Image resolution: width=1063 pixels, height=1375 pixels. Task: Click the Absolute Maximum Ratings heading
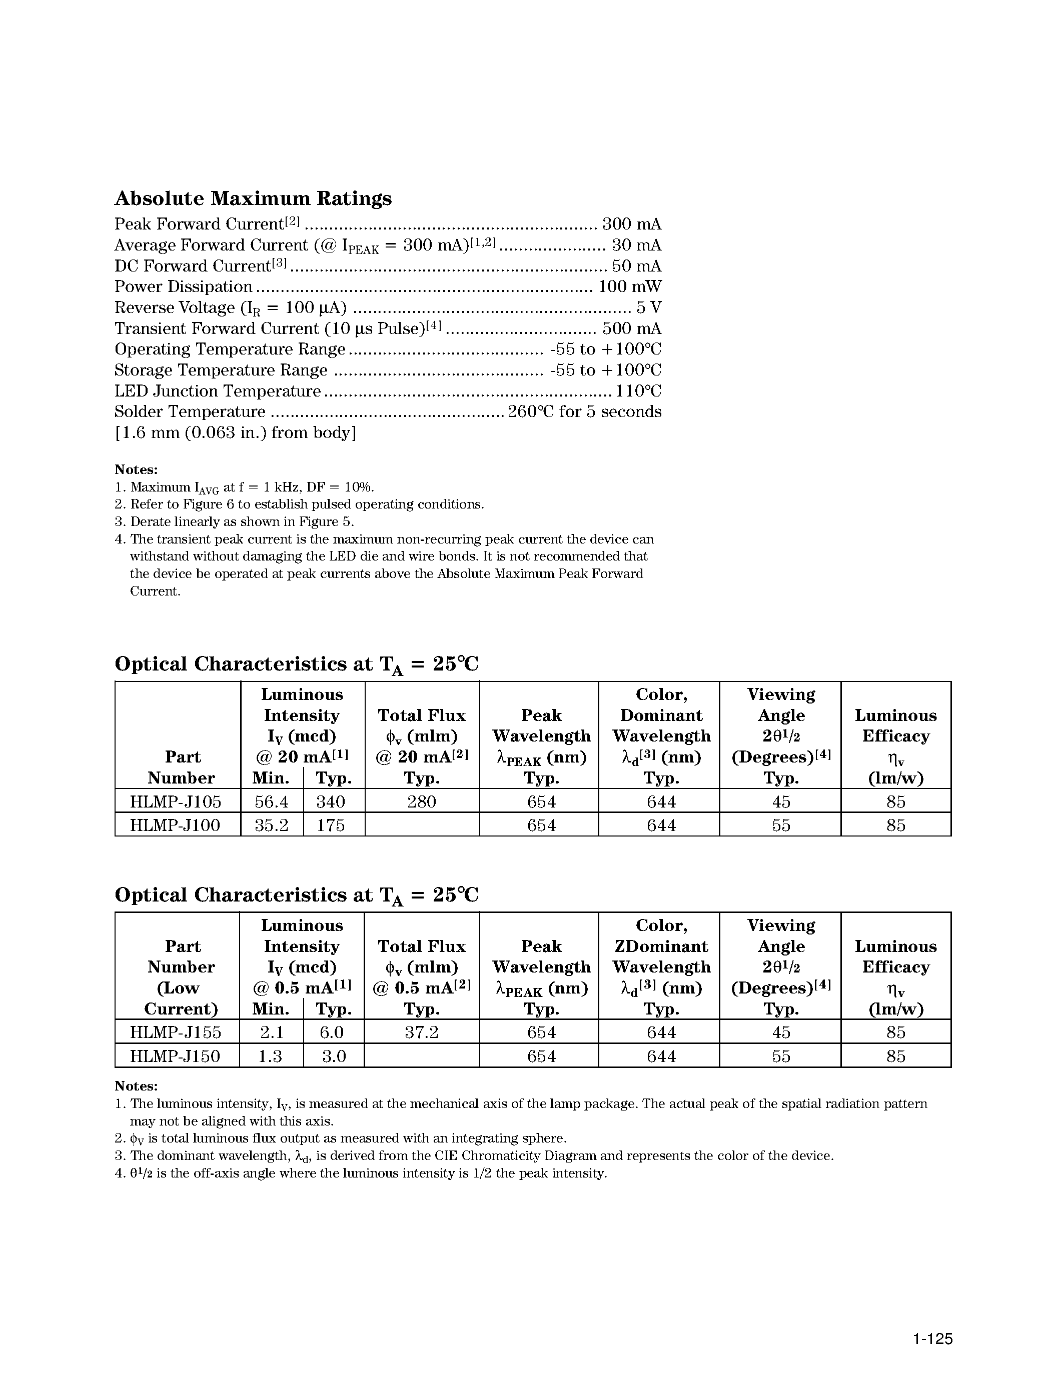point(253,198)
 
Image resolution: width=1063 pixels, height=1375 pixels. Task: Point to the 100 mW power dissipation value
point(629,286)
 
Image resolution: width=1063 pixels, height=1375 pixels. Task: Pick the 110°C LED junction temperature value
point(638,391)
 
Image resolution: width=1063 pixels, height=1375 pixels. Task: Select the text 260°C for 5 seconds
point(584,411)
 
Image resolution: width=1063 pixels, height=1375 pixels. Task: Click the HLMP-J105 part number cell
point(176,801)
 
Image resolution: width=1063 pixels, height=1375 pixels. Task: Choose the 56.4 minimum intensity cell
point(272,801)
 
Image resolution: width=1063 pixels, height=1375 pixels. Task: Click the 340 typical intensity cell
point(331,801)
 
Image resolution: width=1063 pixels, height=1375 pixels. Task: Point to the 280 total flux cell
point(421,801)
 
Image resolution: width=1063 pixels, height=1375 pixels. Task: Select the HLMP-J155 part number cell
point(176,1032)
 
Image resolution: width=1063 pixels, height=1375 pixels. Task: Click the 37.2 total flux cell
point(421,1032)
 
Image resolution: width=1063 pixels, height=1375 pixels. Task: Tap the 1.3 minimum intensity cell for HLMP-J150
point(270,1056)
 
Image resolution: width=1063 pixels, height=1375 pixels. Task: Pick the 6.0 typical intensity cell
point(334,1032)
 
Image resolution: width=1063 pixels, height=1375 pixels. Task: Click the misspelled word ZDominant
point(661,946)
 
